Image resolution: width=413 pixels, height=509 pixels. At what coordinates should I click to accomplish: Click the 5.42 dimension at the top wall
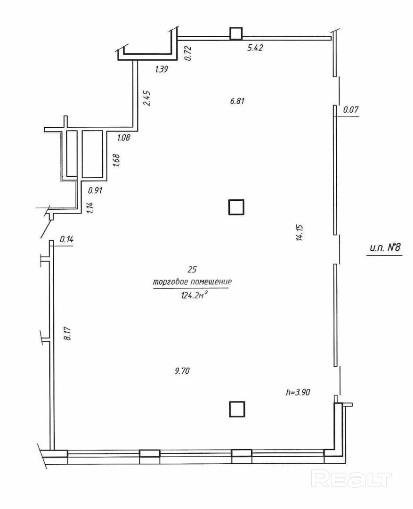(255, 48)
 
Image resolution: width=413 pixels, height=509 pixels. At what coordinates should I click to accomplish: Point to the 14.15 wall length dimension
(300, 232)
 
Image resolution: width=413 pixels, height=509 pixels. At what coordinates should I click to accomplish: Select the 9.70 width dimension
(182, 371)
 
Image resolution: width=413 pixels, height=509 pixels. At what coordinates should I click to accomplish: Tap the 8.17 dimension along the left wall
(68, 333)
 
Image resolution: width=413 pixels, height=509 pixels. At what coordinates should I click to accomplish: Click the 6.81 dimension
(237, 101)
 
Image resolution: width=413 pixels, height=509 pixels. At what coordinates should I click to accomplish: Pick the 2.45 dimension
(147, 98)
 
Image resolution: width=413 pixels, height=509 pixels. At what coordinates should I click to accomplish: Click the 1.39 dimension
(162, 69)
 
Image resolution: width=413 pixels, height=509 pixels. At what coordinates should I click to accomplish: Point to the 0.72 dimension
(188, 54)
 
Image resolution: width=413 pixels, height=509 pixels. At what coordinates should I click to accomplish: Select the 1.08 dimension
(123, 138)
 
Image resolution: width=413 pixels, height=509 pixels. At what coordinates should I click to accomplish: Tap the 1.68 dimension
(116, 160)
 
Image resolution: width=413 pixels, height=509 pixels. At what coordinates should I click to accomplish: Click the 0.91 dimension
(96, 190)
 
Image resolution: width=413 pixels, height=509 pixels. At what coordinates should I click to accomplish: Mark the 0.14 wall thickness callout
(66, 239)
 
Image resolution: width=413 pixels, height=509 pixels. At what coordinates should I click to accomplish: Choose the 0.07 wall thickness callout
(351, 110)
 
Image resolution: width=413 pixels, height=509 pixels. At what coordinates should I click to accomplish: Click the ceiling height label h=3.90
(298, 393)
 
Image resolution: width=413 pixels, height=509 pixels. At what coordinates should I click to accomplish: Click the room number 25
(192, 270)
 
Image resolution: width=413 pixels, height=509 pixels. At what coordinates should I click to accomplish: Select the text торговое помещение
(192, 282)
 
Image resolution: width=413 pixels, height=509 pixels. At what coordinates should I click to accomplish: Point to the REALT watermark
(351, 479)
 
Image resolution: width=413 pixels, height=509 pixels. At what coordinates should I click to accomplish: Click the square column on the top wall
(236, 33)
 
